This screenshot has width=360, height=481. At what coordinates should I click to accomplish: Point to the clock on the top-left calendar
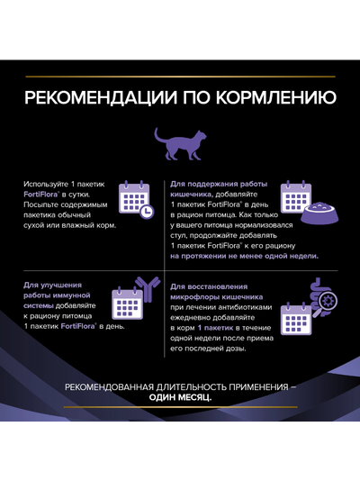pyautogui.click(x=146, y=210)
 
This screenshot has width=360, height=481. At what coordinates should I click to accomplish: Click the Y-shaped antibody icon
pyautogui.click(x=144, y=287)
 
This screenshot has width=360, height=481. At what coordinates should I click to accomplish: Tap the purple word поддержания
pyautogui.click(x=206, y=184)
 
